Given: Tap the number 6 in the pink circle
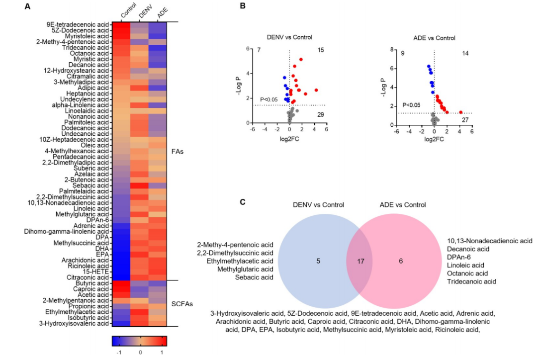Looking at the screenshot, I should click(x=401, y=260).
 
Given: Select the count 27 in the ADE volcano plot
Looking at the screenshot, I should click(x=465, y=120).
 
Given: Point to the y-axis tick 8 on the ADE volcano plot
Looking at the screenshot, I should click(x=391, y=50).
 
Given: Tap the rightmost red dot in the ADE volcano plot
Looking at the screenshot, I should click(x=461, y=112).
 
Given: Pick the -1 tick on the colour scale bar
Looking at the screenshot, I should click(x=119, y=352).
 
